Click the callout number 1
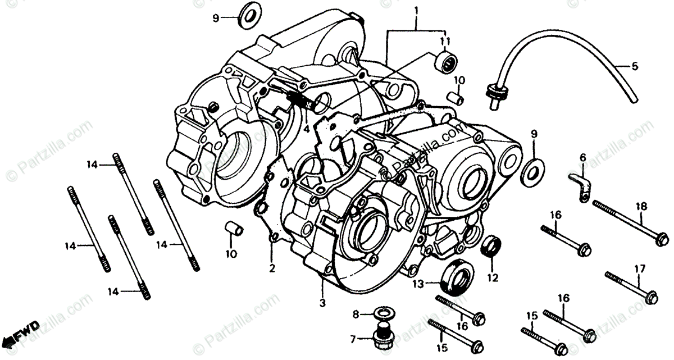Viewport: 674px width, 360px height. coord(416,10)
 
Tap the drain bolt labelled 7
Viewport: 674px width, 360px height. coord(382,335)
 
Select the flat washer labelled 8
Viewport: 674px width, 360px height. coord(382,312)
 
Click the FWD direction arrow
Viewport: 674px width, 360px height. coord(20,334)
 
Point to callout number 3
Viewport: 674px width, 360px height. coord(322,303)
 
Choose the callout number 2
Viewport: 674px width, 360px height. coord(272,268)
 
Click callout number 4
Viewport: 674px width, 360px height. coord(307,129)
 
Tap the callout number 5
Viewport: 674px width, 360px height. coord(635,66)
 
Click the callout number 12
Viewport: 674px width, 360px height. coord(493,277)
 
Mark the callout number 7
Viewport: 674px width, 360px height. coord(353,339)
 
